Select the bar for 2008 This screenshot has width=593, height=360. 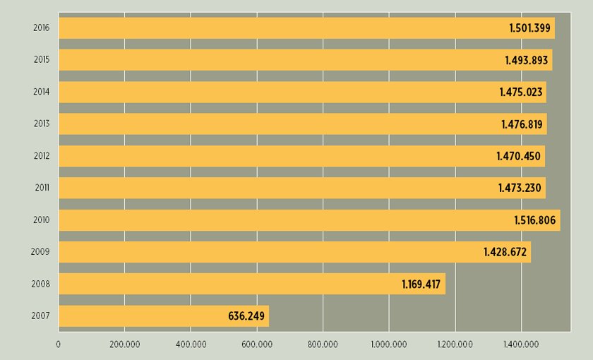click(252, 284)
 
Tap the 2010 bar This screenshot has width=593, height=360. click(309, 220)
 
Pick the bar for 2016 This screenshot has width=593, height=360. click(306, 28)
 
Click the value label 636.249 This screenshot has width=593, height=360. click(246, 316)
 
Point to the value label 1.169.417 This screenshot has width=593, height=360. click(421, 284)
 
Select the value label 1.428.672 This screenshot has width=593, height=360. click(505, 252)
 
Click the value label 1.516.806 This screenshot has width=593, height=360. click(534, 220)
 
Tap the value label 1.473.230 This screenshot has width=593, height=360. click(520, 188)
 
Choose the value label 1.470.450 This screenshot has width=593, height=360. click(519, 156)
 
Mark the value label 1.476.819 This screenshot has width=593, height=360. click(522, 124)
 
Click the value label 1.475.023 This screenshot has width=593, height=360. click(520, 92)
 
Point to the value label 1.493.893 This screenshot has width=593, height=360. click(526, 61)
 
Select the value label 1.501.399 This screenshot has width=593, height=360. click(529, 28)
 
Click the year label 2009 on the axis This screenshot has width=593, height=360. click(40, 252)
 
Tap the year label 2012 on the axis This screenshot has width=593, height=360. click(41, 156)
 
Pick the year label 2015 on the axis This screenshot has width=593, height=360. click(41, 60)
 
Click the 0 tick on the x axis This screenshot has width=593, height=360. click(59, 344)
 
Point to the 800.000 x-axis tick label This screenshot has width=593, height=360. click(323, 344)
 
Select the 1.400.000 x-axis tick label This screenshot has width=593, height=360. click(522, 344)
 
